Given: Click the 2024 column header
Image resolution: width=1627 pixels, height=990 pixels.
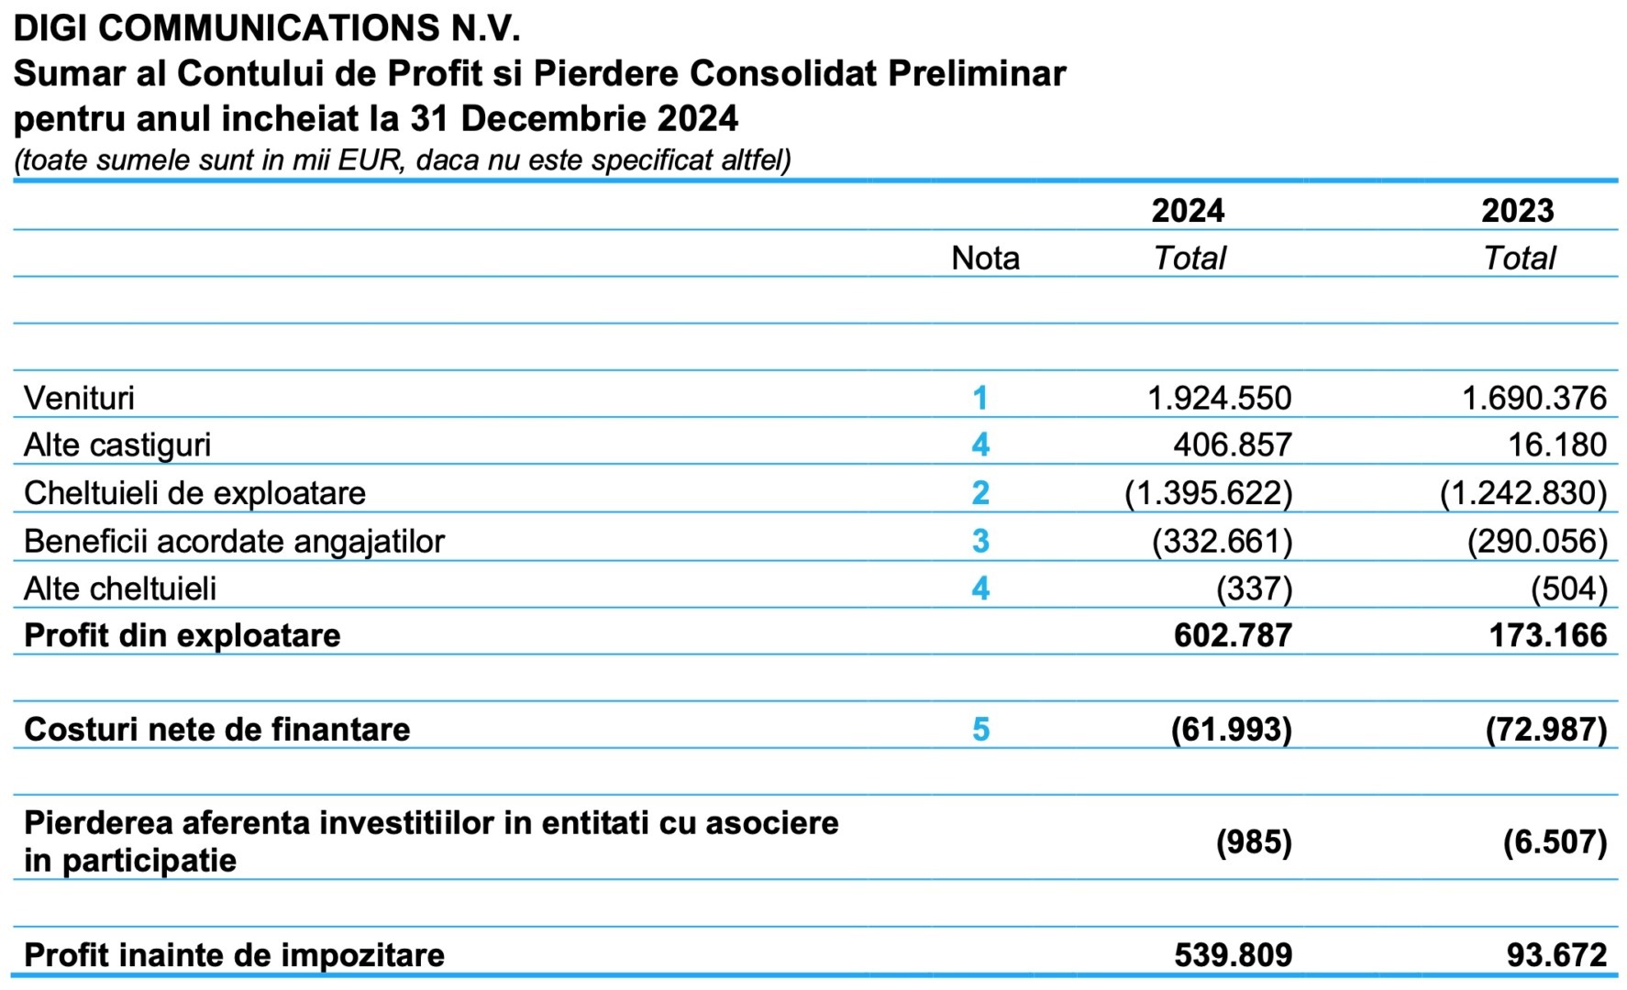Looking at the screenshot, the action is tap(1188, 211).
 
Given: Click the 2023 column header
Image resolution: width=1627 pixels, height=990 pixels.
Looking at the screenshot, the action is tap(1518, 211).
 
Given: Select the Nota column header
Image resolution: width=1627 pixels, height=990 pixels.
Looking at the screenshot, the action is tap(985, 258).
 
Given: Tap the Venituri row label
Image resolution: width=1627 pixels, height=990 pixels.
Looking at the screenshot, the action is tap(79, 398).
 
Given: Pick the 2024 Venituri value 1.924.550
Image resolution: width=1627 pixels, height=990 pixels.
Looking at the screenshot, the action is tap(1220, 398).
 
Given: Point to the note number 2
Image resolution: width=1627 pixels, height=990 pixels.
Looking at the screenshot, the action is tap(980, 493).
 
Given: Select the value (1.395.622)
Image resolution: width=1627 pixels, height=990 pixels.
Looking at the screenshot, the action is tap(1209, 493).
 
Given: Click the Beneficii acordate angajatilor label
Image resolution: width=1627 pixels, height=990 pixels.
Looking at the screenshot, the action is tap(234, 542).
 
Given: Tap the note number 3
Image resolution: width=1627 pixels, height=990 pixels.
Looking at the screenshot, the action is tap(980, 541).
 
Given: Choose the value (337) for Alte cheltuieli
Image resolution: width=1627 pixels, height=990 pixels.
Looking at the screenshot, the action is tap(1255, 588).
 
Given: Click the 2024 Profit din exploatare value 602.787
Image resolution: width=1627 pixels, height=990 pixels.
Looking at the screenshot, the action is tap(1234, 635).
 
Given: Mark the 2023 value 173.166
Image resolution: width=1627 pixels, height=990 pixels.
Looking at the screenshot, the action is tap(1548, 635).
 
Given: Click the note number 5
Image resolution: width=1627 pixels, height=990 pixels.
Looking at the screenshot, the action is tap(980, 730).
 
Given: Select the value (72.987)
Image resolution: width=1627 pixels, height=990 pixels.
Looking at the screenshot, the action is tap(1547, 730).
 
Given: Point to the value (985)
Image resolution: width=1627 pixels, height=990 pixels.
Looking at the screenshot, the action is tap(1255, 841).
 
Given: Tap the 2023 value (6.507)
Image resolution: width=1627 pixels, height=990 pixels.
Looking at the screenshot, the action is tap(1555, 841).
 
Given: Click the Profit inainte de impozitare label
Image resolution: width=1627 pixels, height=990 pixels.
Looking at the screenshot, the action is tap(234, 955).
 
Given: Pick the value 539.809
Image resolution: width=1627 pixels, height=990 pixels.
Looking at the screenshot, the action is tap(1234, 955).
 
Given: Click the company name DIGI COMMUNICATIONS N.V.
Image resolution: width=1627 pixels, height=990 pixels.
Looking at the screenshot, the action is tap(267, 28).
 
